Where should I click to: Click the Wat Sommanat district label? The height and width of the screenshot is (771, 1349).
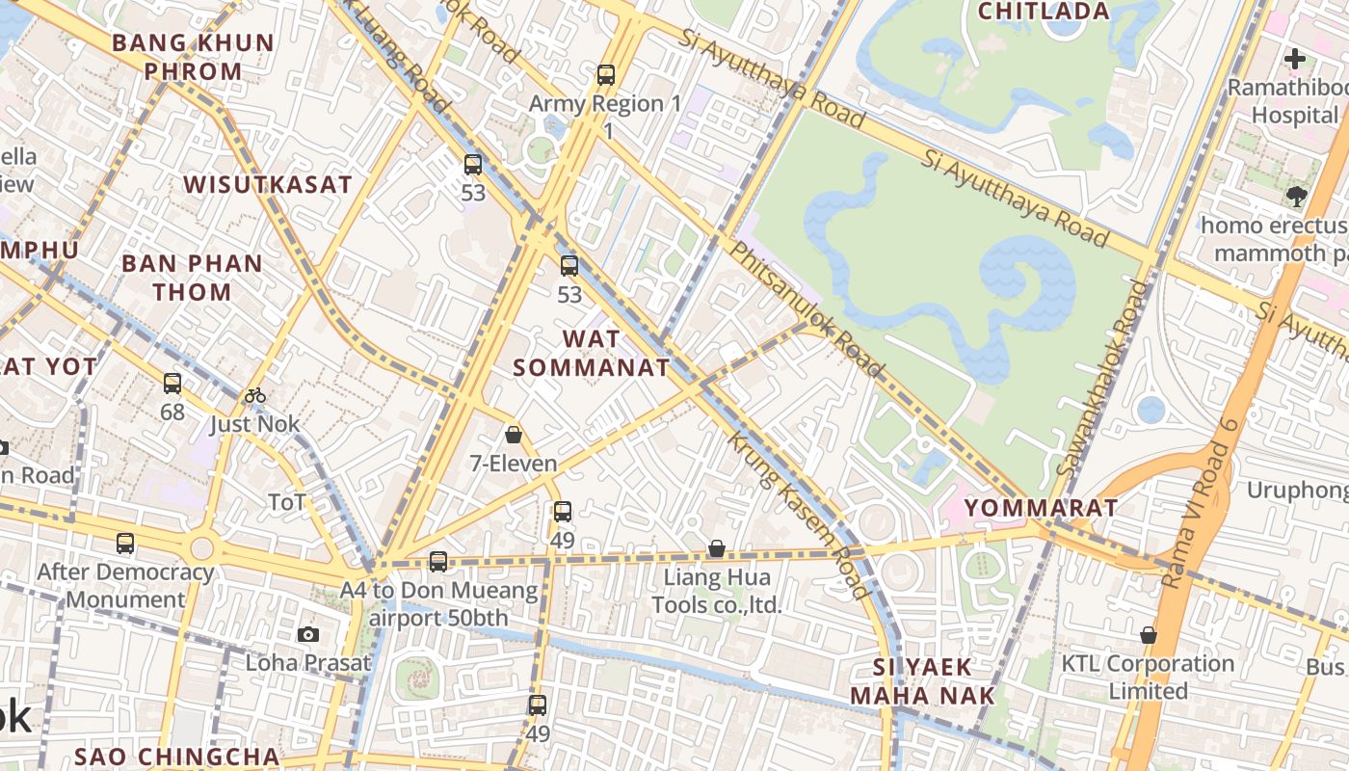591,353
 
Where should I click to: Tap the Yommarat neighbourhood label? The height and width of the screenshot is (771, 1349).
1041,508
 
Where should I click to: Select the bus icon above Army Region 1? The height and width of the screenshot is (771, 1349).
606,74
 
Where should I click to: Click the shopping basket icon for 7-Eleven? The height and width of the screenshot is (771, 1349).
514,435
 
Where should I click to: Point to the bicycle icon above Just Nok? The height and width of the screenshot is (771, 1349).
255,395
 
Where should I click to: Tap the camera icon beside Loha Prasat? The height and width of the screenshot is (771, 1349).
308,634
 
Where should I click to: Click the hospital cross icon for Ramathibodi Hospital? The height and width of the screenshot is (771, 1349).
1295,59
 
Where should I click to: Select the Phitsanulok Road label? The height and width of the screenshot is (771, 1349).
806,308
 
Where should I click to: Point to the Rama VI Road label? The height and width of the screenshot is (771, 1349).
1200,503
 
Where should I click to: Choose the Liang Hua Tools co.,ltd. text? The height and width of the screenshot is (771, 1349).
717,592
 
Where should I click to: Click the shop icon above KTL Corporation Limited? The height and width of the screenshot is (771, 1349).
1148,635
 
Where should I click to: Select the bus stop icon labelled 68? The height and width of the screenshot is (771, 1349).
172,384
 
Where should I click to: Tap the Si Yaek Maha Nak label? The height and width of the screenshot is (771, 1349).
910,680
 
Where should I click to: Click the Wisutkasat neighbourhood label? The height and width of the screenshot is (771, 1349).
268,185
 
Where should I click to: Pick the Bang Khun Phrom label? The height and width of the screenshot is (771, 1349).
193,57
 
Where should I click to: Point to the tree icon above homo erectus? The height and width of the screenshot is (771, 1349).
1295,198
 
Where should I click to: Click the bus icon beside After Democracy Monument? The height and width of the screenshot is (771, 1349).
125,544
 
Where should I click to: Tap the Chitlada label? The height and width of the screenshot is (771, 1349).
1044,12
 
